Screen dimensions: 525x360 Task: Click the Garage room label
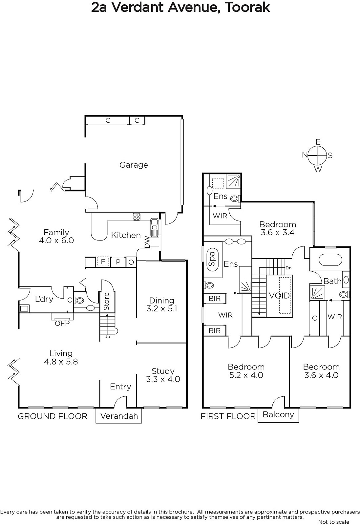[134, 165]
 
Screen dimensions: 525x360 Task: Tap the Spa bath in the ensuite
[212, 259]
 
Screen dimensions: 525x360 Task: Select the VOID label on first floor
[279, 296]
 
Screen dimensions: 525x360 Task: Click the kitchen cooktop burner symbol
[137, 217]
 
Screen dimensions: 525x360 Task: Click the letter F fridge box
[103, 262]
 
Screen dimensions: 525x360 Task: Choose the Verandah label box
[119, 416]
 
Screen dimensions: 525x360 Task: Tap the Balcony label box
[278, 415]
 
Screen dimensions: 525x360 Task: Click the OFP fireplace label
[62, 323]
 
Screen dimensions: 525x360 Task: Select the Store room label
[106, 302]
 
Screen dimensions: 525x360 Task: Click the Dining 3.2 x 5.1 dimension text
[162, 308]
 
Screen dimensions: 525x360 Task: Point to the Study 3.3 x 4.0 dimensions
[163, 379]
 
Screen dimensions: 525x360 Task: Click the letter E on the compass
[318, 142]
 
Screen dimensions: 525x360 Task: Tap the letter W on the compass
[318, 169]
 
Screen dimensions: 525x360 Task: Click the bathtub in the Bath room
[330, 260]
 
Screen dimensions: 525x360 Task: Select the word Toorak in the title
[247, 8]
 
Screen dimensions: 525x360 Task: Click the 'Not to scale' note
[333, 522]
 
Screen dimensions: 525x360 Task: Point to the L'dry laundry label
[44, 299]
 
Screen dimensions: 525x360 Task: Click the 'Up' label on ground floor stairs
[107, 337]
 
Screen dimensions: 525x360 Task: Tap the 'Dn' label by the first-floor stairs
[288, 268]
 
